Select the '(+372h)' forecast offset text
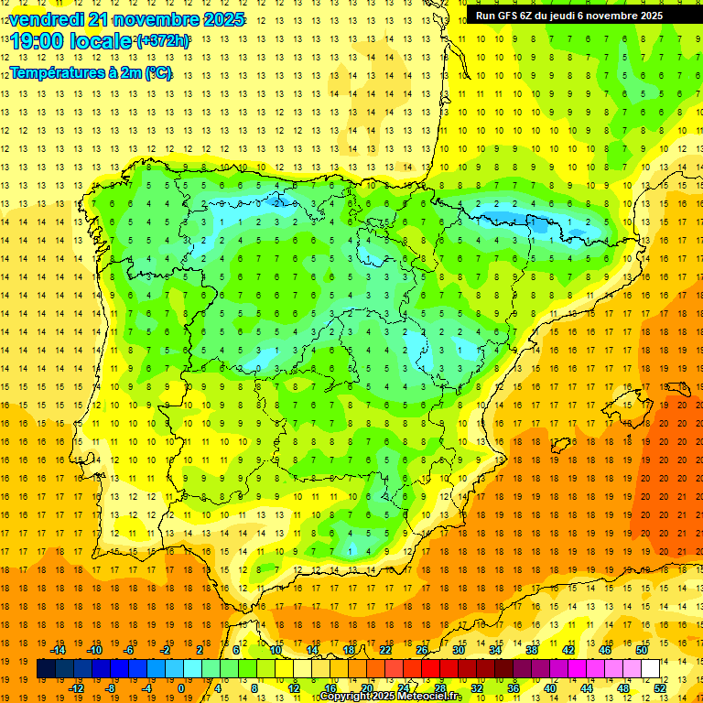(x=163, y=41)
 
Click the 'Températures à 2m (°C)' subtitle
(x=91, y=73)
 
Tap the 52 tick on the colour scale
(x=660, y=687)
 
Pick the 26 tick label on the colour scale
(x=422, y=650)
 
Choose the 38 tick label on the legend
(x=532, y=650)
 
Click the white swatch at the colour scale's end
(x=651, y=669)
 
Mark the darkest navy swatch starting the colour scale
(x=46, y=669)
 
